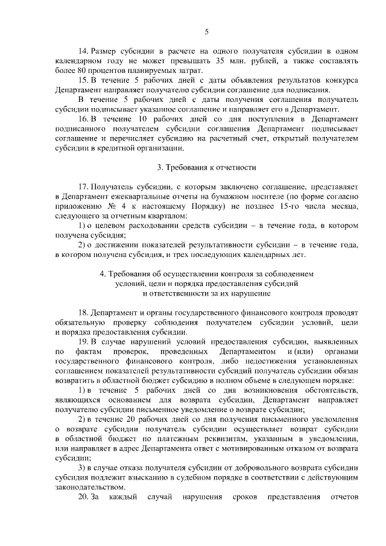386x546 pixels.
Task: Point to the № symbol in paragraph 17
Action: [x=110, y=207]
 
